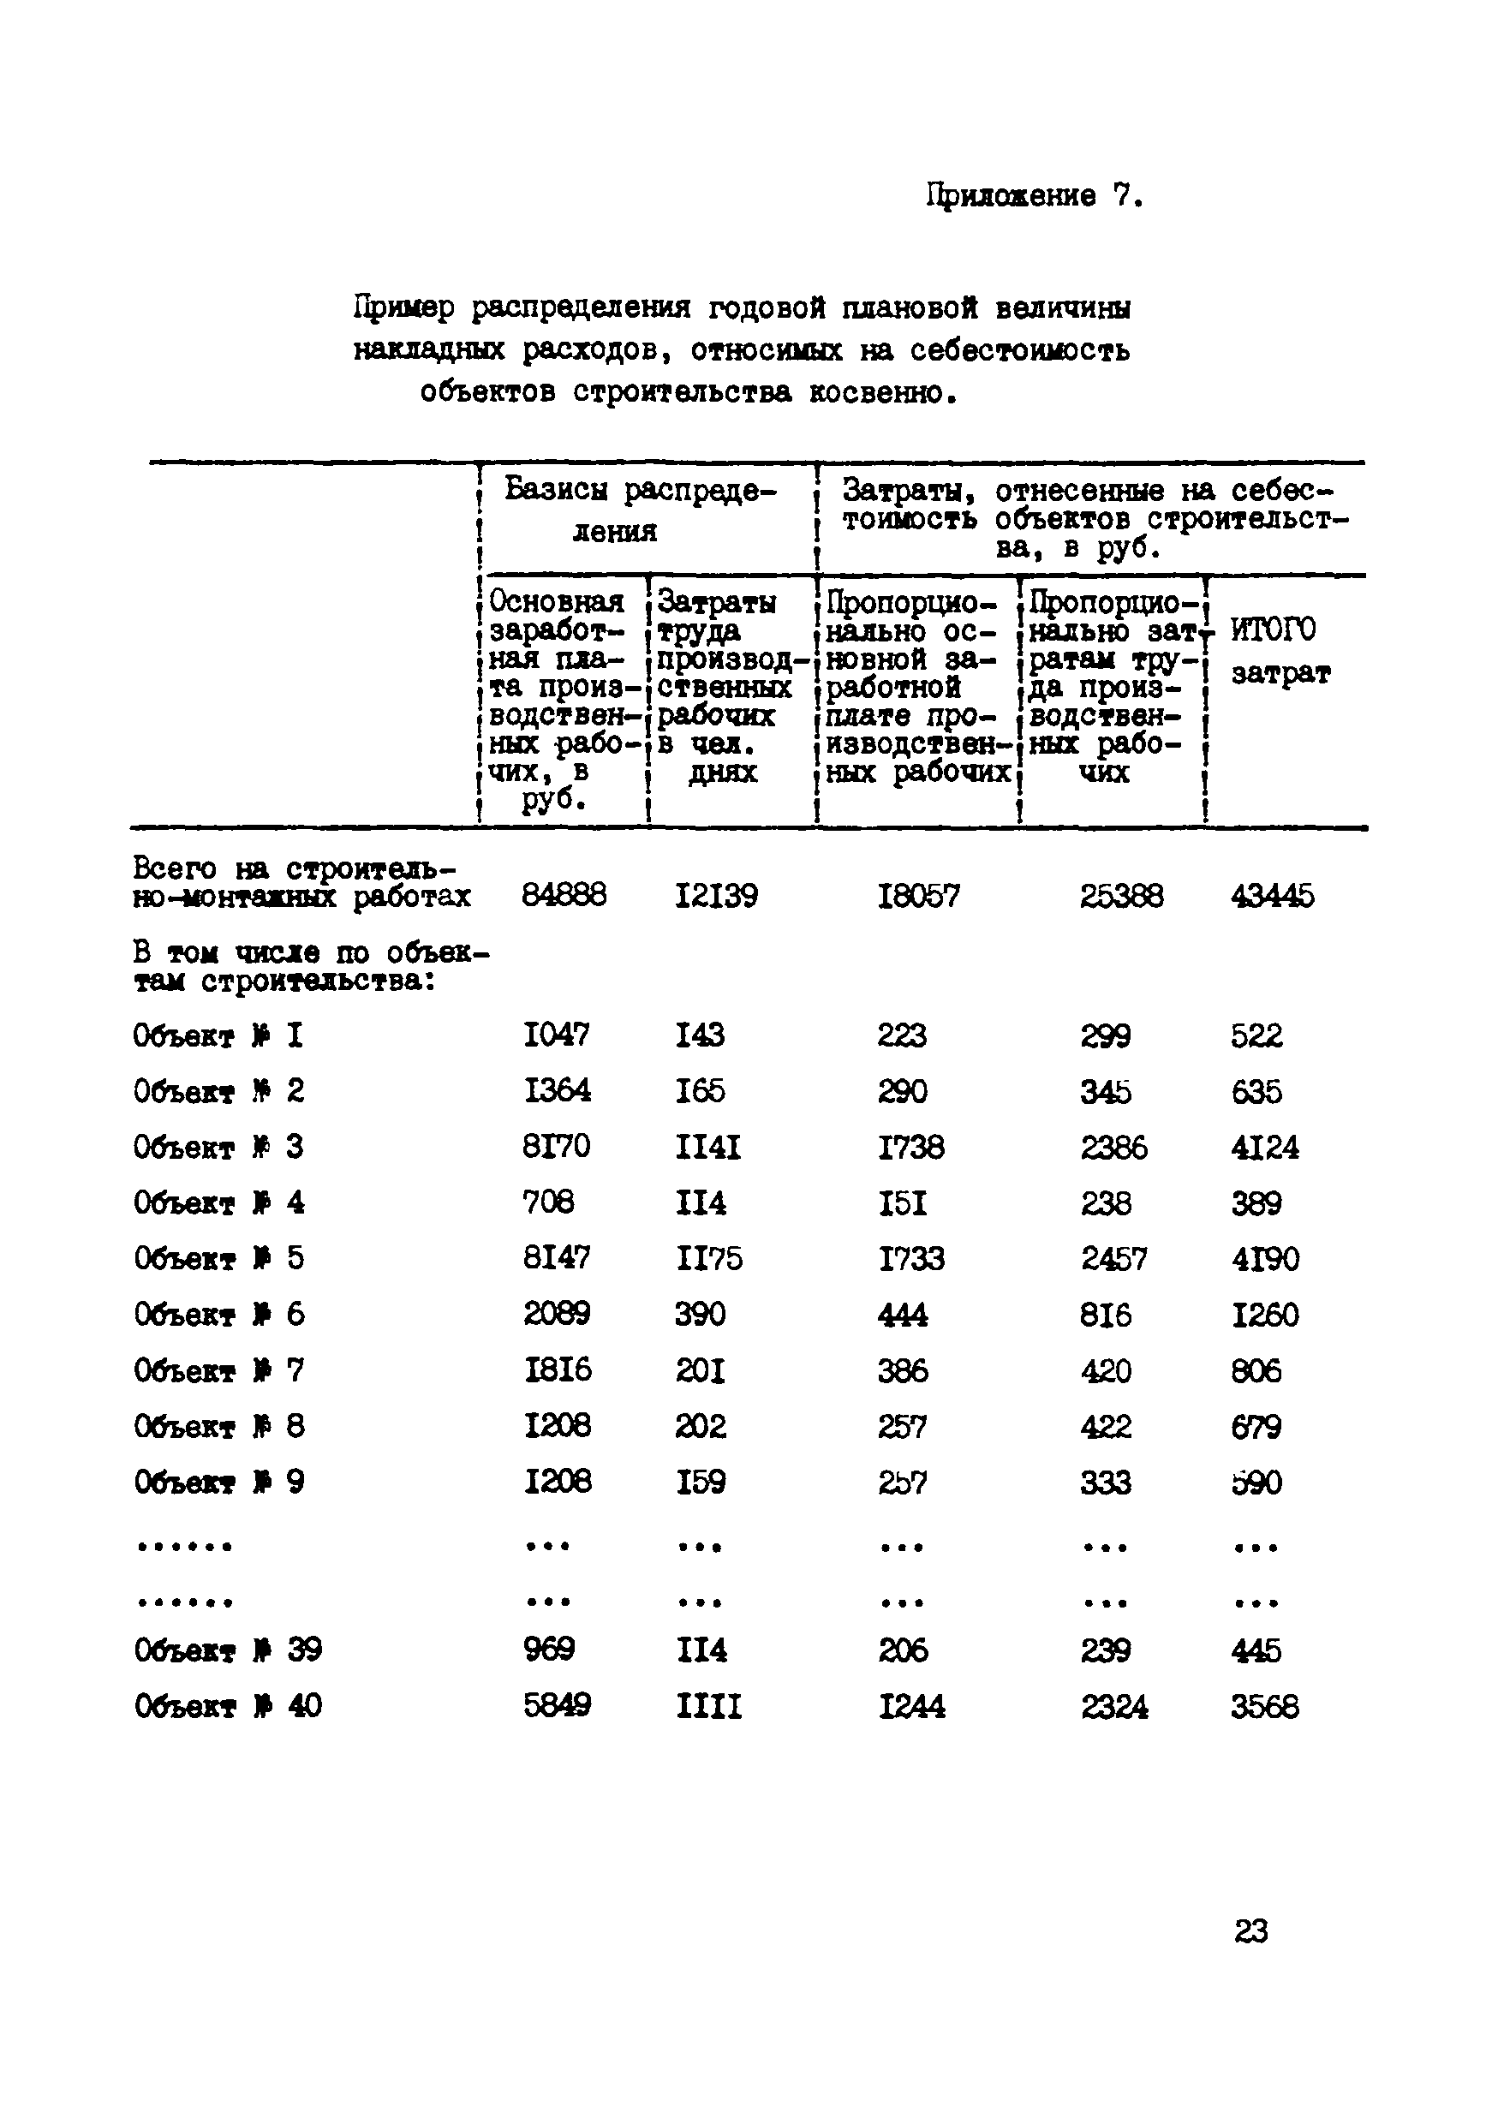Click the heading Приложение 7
pos(1035,196)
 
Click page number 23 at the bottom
pos(1251,1930)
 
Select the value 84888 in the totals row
pos(564,896)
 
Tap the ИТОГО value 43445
pos(1271,896)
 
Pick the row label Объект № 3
pos(218,1147)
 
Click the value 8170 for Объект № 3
pos(556,1147)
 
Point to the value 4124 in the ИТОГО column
pos(1264,1148)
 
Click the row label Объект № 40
pos(228,1706)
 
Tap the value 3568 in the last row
pos(1264,1707)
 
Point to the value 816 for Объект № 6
pos(1105,1315)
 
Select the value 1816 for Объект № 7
pos(557,1370)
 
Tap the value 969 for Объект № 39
pos(549,1650)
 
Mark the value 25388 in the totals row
pos(1120,896)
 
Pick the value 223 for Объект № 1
pos(901,1035)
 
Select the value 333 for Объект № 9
pos(1105,1483)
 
